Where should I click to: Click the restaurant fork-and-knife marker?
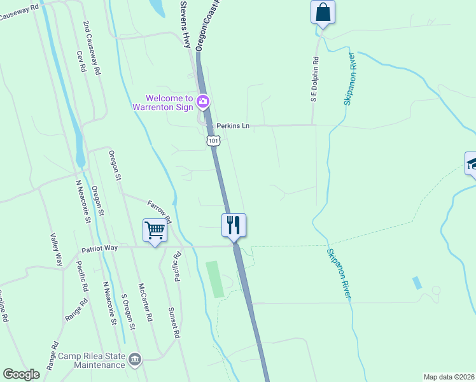point(234,225)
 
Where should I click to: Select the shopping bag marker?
point(323,12)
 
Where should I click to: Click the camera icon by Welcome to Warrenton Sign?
point(203,101)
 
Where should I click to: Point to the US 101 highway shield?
point(213,141)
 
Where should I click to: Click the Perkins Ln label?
point(232,126)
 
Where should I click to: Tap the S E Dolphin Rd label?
point(314,79)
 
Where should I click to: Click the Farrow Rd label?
point(159,212)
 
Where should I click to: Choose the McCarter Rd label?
point(144,301)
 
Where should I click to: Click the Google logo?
point(22,374)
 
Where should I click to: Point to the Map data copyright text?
point(449,377)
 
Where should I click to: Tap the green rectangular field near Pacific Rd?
point(215,279)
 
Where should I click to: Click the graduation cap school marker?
point(471,164)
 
